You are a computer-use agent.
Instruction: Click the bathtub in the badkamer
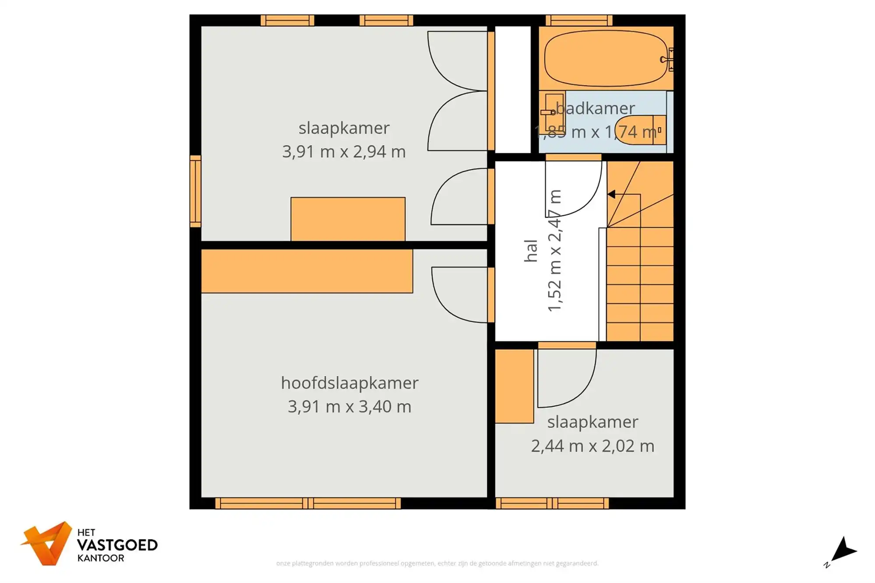(x=606, y=58)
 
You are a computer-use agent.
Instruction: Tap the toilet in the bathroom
(x=640, y=130)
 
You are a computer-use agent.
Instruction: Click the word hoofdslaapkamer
(x=350, y=383)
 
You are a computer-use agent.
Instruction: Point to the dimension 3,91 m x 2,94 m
(x=344, y=152)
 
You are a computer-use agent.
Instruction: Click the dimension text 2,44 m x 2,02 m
(x=592, y=446)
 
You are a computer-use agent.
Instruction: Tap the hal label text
(x=530, y=251)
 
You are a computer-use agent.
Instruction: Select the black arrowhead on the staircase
(x=612, y=194)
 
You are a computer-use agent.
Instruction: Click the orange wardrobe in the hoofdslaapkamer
(x=307, y=271)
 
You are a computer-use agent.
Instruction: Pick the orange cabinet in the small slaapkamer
(x=514, y=386)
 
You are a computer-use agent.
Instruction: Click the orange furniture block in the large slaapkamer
(x=348, y=219)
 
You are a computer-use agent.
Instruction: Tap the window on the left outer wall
(x=195, y=191)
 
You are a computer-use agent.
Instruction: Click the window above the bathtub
(x=579, y=20)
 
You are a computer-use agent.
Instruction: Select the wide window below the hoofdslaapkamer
(x=308, y=503)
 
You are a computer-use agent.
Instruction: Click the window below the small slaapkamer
(x=552, y=503)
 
